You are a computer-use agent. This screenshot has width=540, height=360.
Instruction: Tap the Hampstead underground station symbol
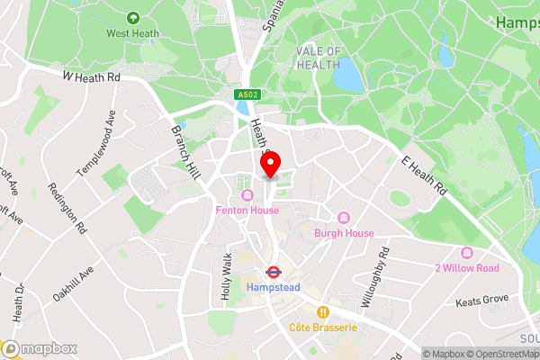[270, 271]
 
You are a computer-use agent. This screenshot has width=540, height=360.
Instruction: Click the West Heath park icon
[134, 17]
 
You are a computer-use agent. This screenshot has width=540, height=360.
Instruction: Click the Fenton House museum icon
[247, 195]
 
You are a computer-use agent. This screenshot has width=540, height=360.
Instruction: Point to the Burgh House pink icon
[343, 218]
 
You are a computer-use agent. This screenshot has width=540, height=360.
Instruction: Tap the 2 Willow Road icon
[466, 253]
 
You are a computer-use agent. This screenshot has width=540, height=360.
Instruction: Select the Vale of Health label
[319, 58]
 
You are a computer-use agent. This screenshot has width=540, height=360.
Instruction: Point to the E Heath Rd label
[423, 175]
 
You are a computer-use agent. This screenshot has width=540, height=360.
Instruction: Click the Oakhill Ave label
[74, 287]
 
